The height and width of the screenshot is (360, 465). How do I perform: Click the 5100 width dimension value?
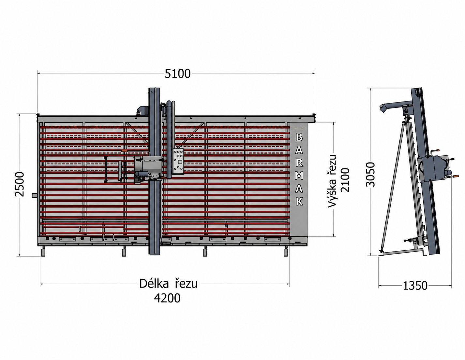[x=177, y=74]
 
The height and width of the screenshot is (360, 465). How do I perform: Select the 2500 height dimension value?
[x=20, y=184]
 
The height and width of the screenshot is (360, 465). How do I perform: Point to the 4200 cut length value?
[x=167, y=298]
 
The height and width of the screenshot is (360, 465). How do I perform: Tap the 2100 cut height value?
[x=345, y=180]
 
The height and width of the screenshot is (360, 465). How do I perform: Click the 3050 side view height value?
[x=370, y=175]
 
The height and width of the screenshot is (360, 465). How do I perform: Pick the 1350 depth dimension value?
[x=415, y=286]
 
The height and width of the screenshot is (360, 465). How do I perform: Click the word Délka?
[x=154, y=284]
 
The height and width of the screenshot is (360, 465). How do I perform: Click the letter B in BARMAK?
[x=299, y=137]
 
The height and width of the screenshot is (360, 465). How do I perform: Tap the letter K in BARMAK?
[x=299, y=201]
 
